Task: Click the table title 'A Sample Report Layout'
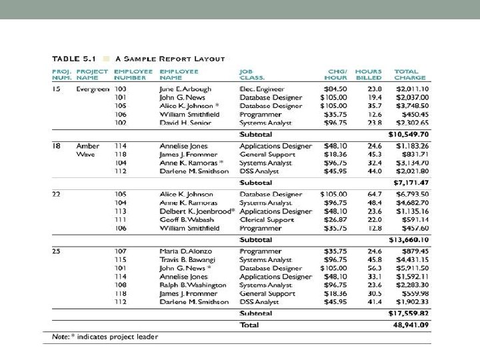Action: [170, 59]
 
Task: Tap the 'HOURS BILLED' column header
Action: [369, 74]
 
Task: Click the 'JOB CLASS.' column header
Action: [251, 74]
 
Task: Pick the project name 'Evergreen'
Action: [93, 89]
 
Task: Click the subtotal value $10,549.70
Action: [409, 134]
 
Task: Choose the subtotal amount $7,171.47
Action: [411, 181]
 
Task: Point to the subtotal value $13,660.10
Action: [409, 240]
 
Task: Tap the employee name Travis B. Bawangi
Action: [187, 260]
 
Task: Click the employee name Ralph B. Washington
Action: [193, 285]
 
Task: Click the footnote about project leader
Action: [105, 336]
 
